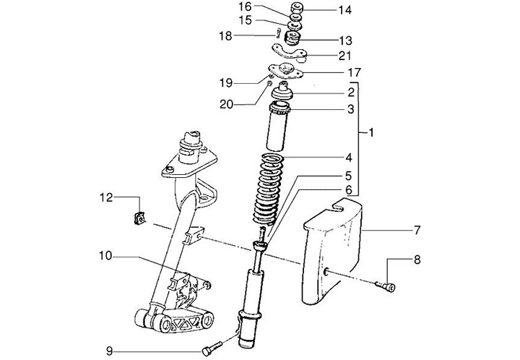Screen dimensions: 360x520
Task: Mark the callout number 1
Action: (x=370, y=133)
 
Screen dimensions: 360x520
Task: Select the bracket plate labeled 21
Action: (x=290, y=51)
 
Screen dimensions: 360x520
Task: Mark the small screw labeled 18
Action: (x=276, y=32)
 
